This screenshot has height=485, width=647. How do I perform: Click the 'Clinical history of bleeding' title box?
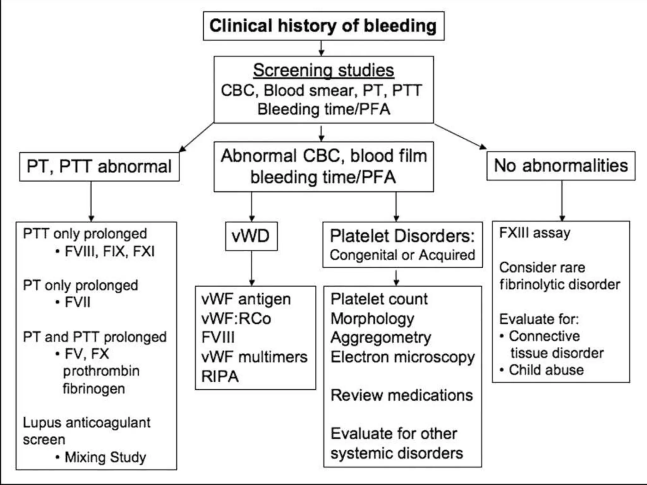click(x=323, y=26)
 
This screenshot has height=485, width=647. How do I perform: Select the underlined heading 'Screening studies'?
click(x=323, y=70)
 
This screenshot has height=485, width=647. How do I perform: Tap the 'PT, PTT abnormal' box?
click(x=99, y=166)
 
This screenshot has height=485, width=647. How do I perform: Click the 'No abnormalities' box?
click(x=561, y=166)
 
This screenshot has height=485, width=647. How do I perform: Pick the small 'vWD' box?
click(x=251, y=236)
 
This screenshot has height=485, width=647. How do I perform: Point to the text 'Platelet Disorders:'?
click(x=402, y=236)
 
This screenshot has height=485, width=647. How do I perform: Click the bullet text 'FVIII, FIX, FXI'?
click(x=109, y=252)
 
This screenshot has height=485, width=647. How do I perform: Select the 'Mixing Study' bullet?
click(x=105, y=457)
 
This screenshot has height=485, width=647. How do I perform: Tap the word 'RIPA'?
click(x=220, y=376)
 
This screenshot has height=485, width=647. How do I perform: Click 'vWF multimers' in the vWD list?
click(x=254, y=357)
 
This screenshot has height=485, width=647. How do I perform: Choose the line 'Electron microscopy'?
click(x=402, y=357)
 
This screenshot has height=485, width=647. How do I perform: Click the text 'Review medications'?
click(x=402, y=395)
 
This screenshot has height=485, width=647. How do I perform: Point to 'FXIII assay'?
click(x=535, y=233)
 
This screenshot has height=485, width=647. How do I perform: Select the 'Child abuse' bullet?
click(x=546, y=370)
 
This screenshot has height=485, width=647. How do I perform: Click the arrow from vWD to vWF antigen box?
click(x=252, y=268)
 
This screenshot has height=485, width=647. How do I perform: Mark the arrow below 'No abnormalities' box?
click(x=562, y=201)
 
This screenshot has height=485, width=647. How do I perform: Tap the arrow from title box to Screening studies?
click(x=321, y=48)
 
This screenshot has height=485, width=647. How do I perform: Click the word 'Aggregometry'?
click(x=381, y=338)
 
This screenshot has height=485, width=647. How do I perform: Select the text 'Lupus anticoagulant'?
click(x=87, y=422)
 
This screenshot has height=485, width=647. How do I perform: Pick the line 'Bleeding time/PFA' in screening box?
click(x=323, y=109)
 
